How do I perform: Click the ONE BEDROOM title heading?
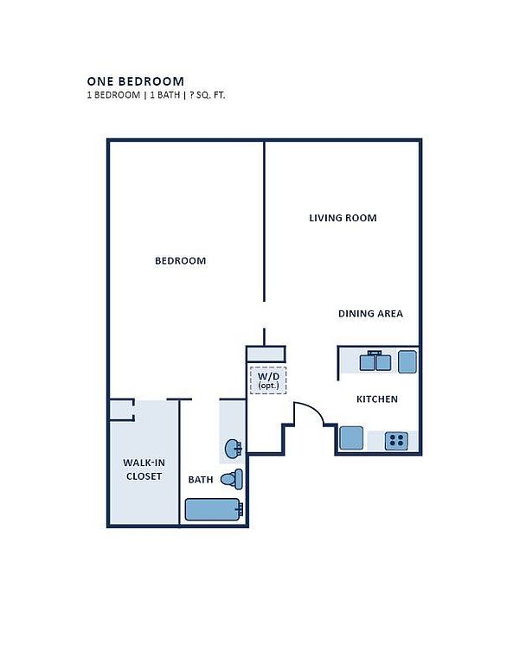coord(136,81)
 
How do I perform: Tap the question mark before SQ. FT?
coord(192,95)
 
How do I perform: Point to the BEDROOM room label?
coord(181,260)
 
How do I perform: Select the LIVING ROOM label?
coord(343,218)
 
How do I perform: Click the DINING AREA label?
coord(370,313)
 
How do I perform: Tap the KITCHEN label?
coord(377,399)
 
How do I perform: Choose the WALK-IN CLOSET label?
coord(144,469)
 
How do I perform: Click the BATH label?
coord(201,479)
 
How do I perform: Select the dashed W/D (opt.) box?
coord(268,380)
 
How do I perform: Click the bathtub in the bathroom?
coord(214,509)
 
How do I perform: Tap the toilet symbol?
coord(232,479)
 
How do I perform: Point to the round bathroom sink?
coord(234,449)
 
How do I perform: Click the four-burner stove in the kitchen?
coord(396,441)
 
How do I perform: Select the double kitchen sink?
coord(375,362)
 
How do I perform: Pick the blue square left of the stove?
coord(351,437)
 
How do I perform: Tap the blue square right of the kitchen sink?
coord(407,362)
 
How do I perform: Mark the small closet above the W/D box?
coord(266,354)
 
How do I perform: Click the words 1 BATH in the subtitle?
coord(164,95)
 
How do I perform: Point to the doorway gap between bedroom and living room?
coord(265,315)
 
